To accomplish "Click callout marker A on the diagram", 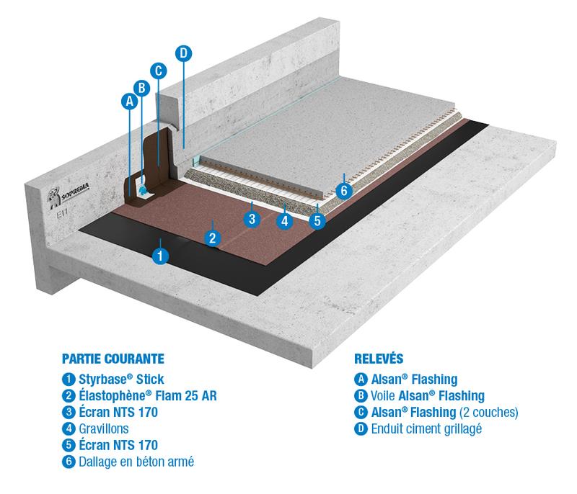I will pyautogui.click(x=130, y=102).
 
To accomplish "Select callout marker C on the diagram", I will pyautogui.click(x=159, y=70).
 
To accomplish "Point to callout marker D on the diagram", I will pyautogui.click(x=183, y=53).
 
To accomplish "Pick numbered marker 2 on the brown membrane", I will pyautogui.click(x=212, y=237).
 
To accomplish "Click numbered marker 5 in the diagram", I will pyautogui.click(x=317, y=221).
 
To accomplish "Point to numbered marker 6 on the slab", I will pyautogui.click(x=344, y=191).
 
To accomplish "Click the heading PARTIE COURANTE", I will pyautogui.click(x=113, y=358).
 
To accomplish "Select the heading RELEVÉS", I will pyautogui.click(x=379, y=358).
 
